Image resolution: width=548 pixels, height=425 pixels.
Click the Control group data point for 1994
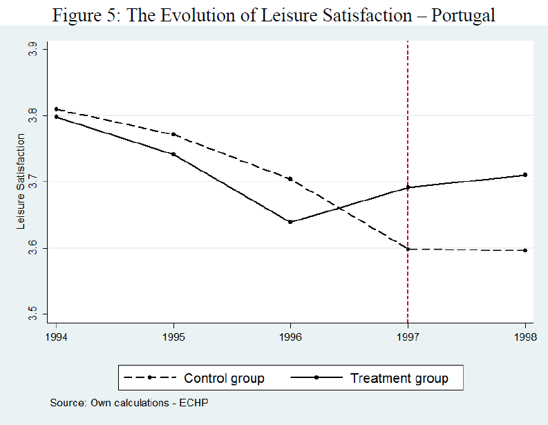point(56,109)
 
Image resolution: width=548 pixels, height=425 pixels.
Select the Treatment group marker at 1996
point(290,222)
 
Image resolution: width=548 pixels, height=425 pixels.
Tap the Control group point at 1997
point(408,249)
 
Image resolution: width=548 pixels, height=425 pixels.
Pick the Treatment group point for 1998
point(525,175)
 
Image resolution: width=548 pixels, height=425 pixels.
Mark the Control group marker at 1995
point(173,134)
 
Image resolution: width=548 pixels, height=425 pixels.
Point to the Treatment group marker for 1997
point(408,187)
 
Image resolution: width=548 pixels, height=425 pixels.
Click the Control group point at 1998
point(525,250)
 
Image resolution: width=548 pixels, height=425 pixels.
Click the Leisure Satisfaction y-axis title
point(21,182)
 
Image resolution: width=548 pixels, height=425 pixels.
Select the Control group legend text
point(224,378)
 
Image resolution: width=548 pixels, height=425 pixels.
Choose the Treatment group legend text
point(399,378)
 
